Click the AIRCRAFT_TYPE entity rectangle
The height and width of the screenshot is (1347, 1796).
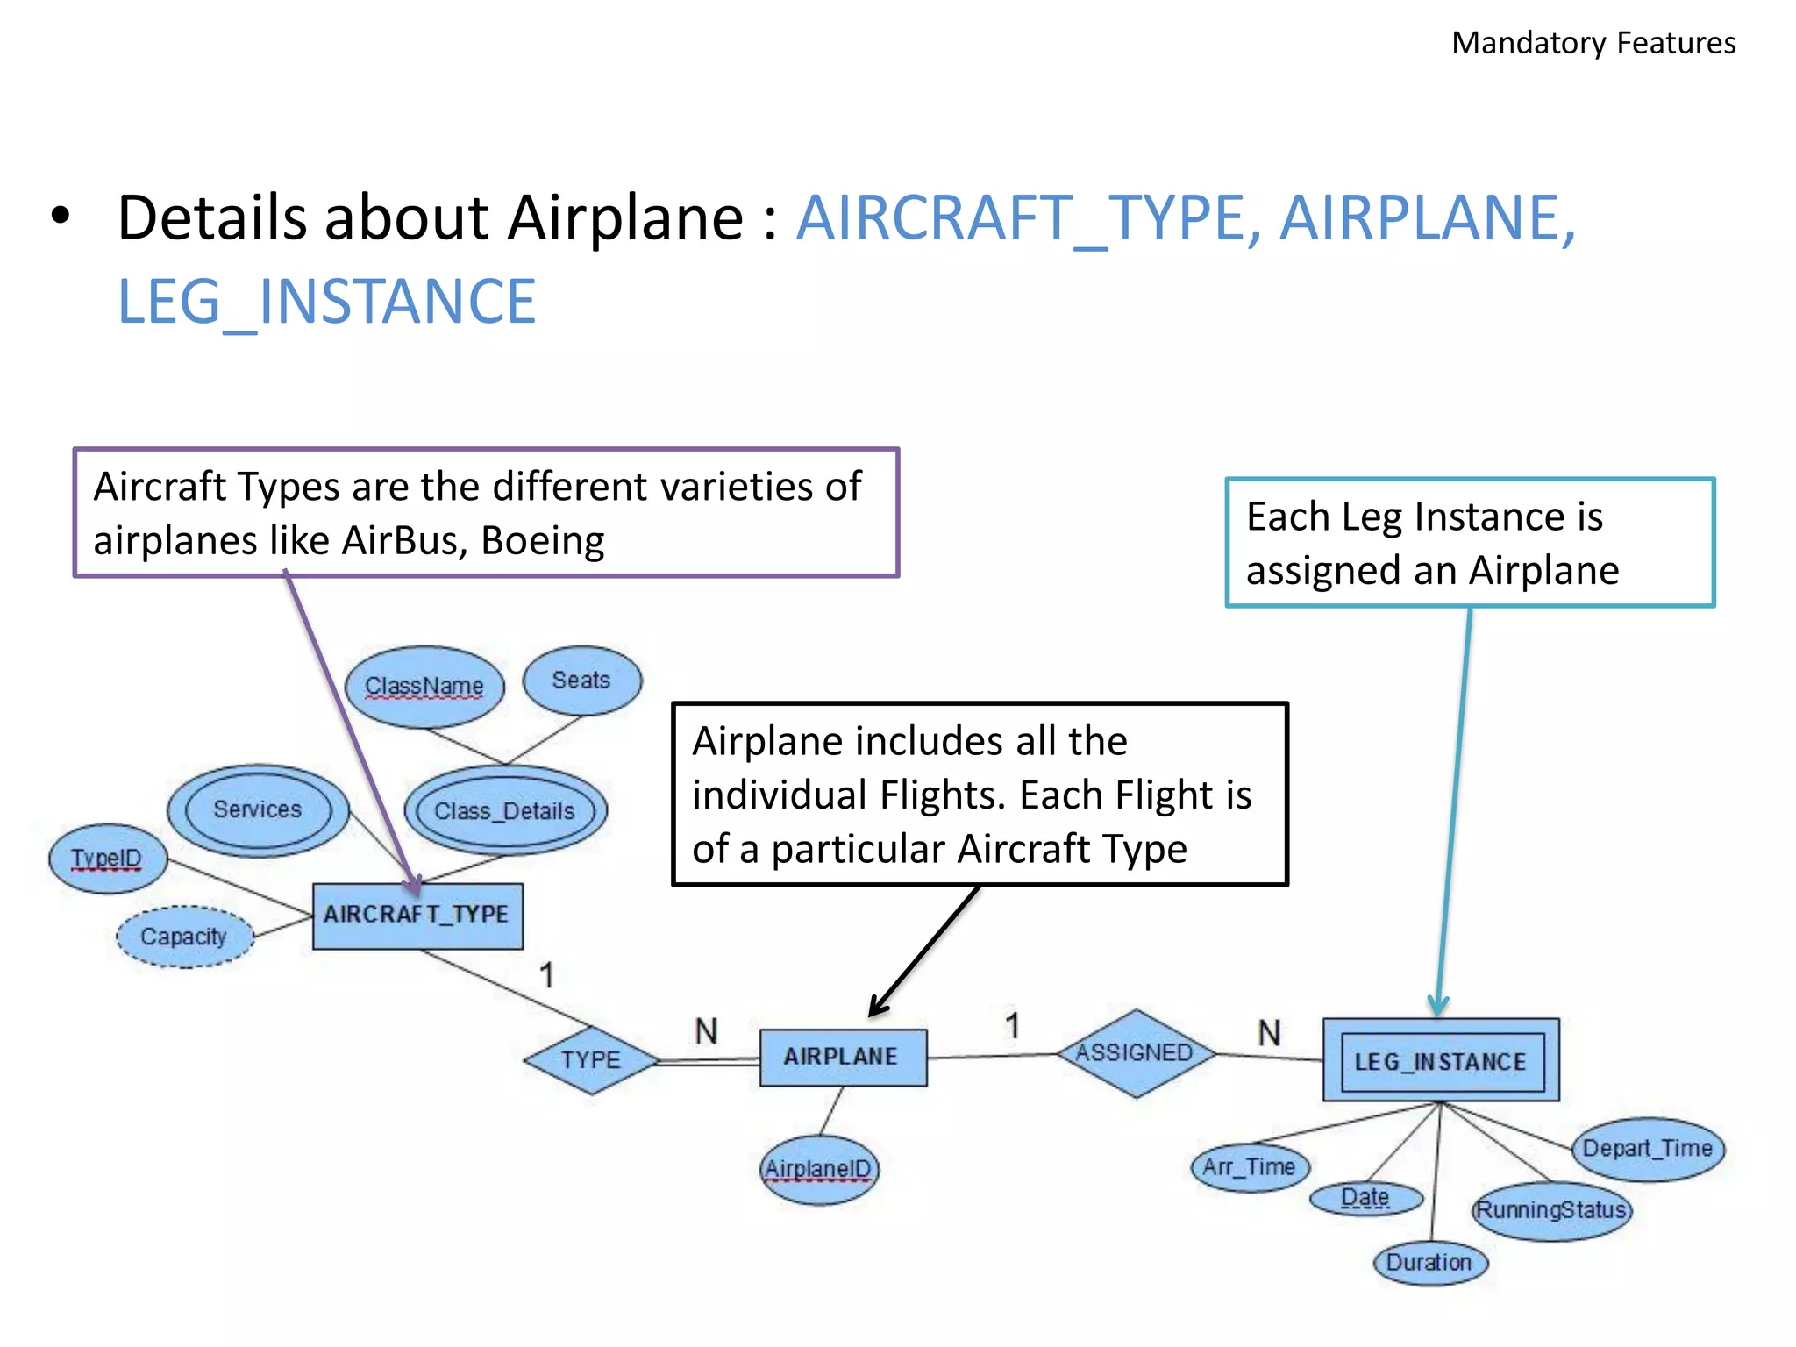(x=417, y=916)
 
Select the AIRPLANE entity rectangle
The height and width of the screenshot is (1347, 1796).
(x=842, y=1057)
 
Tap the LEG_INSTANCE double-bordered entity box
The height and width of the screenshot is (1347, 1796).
(x=1440, y=1060)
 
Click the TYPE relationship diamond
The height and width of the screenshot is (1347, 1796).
(x=591, y=1060)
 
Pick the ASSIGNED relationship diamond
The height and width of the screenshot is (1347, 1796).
(x=1135, y=1052)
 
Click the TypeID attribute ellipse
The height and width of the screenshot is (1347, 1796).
(x=107, y=859)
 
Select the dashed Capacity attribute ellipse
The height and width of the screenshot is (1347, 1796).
(x=184, y=937)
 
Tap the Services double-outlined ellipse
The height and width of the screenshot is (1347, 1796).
(x=257, y=809)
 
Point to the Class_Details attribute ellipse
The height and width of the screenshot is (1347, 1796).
(x=504, y=811)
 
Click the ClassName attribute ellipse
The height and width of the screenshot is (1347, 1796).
(x=424, y=686)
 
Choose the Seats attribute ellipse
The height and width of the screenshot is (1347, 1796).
(x=581, y=681)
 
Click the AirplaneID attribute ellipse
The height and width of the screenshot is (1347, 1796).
(x=818, y=1169)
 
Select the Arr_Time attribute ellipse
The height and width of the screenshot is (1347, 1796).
(x=1249, y=1167)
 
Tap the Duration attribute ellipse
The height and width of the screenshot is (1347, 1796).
(x=1429, y=1263)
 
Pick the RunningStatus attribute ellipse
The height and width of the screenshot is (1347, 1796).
(x=1550, y=1210)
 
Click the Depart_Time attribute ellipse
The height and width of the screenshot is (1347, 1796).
(x=1647, y=1149)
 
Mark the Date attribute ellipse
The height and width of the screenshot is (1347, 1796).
(x=1365, y=1198)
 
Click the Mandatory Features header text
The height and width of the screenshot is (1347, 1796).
(x=1593, y=43)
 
